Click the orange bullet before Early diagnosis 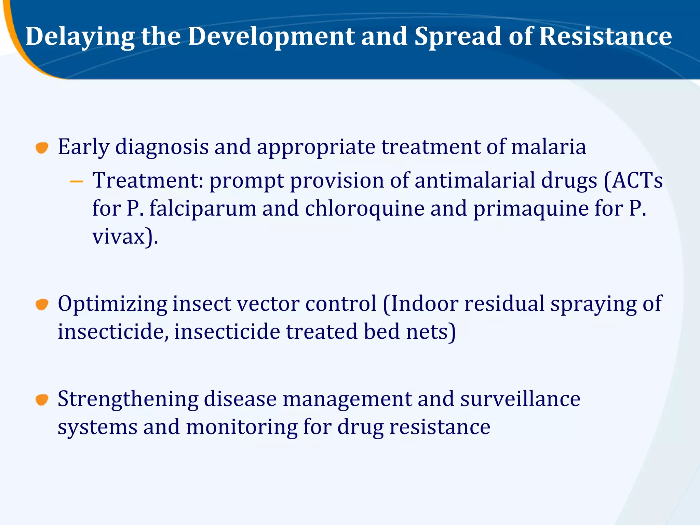click(x=42, y=148)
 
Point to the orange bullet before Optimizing click(x=42, y=304)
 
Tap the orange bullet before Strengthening click(x=42, y=399)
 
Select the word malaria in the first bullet click(x=549, y=147)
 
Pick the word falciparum click(x=203, y=208)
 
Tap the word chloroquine click(x=364, y=208)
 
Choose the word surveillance click(x=520, y=399)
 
